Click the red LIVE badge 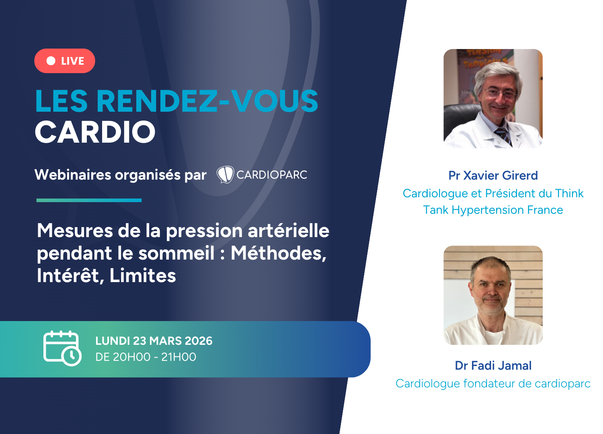coord(65,61)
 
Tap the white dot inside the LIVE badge coord(51,61)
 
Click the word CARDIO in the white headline coord(95,132)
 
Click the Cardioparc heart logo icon coord(225,174)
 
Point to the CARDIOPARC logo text coord(272,175)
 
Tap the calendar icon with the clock coord(62,348)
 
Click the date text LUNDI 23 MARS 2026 coord(154,341)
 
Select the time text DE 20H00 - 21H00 coord(146,357)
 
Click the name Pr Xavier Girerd coord(493,176)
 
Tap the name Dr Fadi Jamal coord(493,366)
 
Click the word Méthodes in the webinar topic coord(279,254)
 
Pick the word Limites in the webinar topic coord(143,276)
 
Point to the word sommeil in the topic coord(176,253)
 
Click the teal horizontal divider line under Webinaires coord(89,200)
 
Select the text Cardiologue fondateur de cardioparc coord(493,384)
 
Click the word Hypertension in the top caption coord(488,210)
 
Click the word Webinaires coord(73,175)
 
